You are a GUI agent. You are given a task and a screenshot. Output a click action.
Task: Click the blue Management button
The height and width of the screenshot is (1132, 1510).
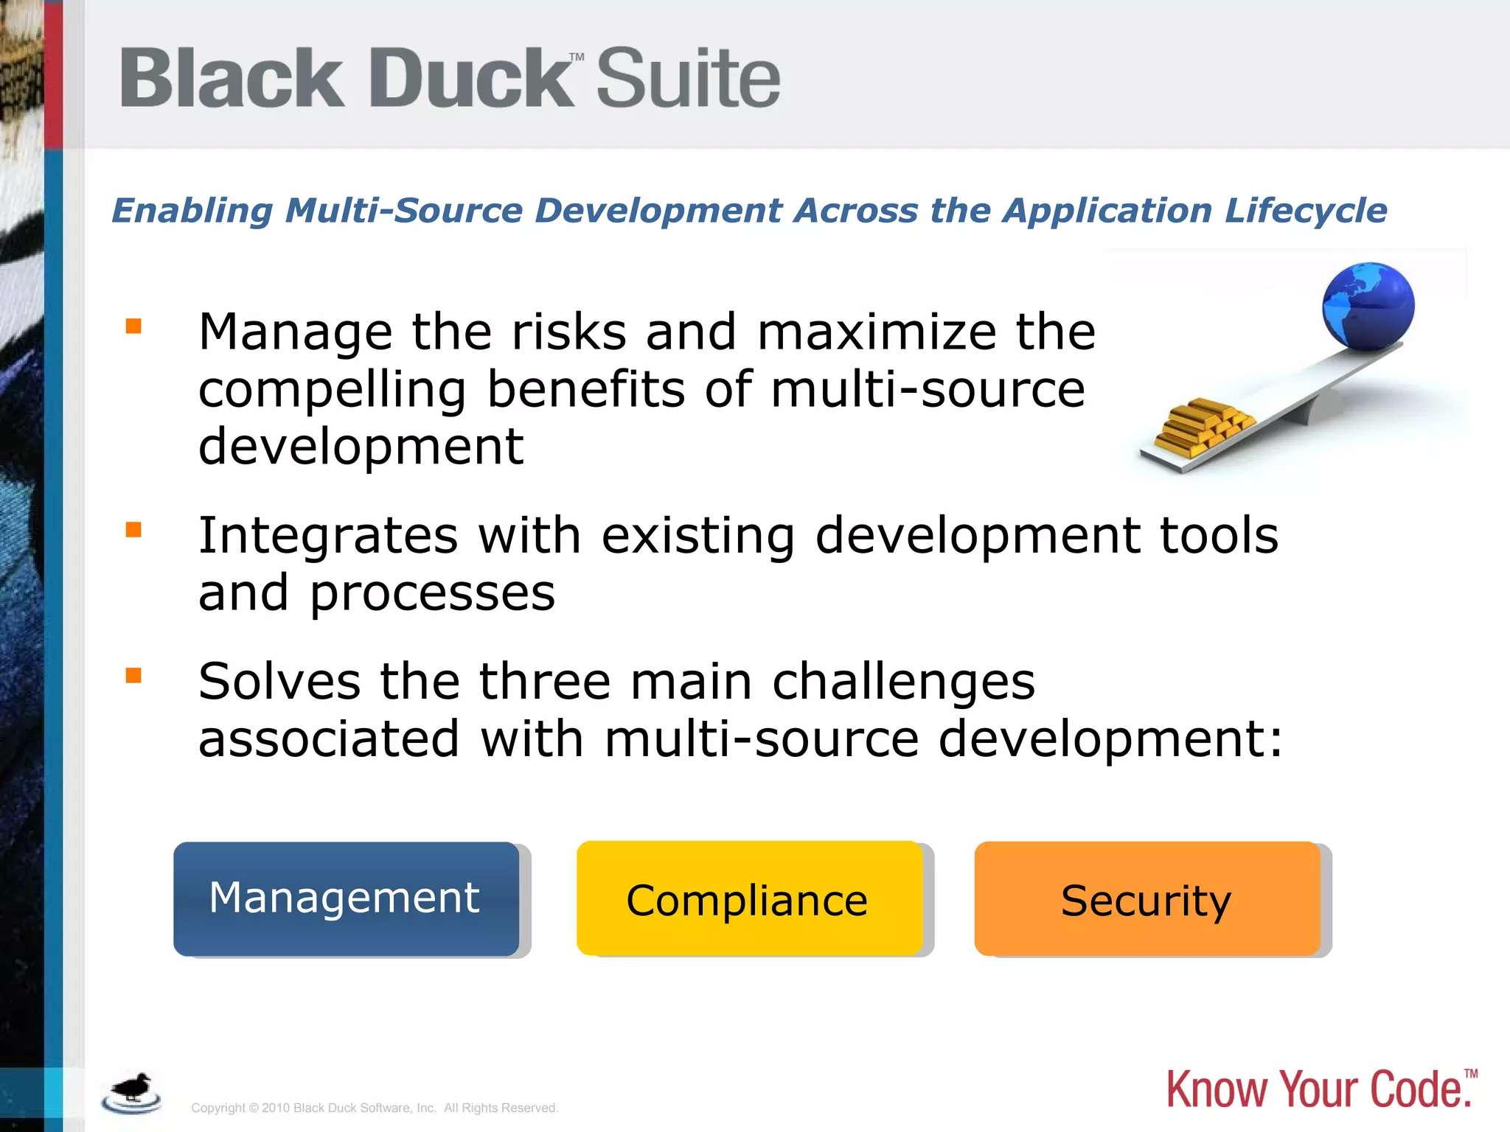click(x=346, y=898)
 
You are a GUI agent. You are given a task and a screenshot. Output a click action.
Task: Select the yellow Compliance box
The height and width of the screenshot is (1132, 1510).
click(x=748, y=898)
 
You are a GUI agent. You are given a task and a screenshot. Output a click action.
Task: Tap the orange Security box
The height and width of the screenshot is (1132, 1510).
click(x=1147, y=898)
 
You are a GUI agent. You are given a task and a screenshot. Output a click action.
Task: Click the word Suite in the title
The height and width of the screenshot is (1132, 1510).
click(x=687, y=78)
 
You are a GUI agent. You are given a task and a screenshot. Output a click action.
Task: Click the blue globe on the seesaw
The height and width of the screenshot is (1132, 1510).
click(x=1368, y=305)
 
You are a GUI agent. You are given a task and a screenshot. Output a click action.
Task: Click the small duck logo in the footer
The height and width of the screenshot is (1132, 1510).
click(x=132, y=1092)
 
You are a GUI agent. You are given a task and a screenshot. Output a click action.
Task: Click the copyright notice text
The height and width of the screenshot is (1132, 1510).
click(x=375, y=1108)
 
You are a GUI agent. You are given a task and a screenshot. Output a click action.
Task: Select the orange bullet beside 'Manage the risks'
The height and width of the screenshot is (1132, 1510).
click(x=133, y=326)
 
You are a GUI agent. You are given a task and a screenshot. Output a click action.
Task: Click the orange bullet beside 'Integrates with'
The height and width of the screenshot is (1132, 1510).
click(x=133, y=530)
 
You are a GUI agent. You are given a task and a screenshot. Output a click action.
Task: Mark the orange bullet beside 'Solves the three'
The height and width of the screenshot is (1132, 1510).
click(x=133, y=675)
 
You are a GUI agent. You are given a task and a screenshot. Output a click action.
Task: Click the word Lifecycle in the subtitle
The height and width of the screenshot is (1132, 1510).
click(x=1306, y=211)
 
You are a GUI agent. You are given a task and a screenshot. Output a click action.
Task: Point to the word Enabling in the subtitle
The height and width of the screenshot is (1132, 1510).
click(x=192, y=211)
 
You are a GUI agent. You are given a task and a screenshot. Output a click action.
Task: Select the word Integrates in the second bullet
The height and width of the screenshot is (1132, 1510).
click(x=328, y=536)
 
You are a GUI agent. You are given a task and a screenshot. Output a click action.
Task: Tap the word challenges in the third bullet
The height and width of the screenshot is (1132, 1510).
click(x=903, y=682)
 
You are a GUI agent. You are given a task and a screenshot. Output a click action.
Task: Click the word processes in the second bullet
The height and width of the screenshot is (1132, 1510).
click(x=432, y=594)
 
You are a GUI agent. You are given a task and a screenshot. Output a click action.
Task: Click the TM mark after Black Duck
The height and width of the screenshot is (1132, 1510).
click(x=577, y=57)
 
